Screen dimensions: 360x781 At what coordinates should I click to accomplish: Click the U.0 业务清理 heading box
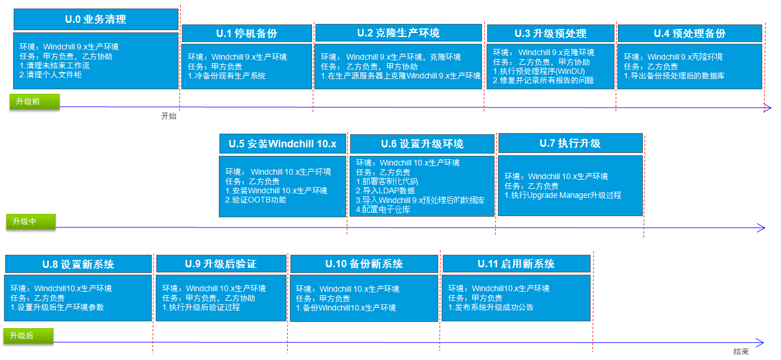[x=96, y=19]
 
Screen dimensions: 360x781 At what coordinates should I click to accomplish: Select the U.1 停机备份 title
[x=247, y=34]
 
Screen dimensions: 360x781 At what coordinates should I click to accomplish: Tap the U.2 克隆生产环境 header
[x=398, y=33]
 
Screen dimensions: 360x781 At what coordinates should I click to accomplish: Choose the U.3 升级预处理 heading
[x=550, y=34]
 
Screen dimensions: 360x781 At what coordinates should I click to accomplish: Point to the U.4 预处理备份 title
[x=689, y=34]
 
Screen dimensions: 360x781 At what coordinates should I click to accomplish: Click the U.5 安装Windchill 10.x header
[x=283, y=144]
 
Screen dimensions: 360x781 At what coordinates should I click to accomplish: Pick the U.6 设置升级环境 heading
[x=422, y=144]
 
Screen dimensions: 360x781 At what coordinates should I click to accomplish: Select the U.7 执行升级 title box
[x=570, y=143]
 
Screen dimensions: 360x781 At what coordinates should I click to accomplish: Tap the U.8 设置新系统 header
[x=78, y=264]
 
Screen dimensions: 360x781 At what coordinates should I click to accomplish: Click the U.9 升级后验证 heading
[x=221, y=264]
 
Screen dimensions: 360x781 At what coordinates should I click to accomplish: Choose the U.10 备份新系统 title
[x=364, y=264]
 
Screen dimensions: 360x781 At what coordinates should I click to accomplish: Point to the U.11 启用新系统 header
[x=516, y=264]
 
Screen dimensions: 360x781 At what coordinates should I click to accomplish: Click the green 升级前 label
[x=35, y=102]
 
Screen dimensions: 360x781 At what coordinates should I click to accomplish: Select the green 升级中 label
[x=31, y=222]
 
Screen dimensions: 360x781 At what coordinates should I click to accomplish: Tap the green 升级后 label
[x=28, y=336]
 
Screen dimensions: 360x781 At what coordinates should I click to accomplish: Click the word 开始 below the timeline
[x=169, y=116]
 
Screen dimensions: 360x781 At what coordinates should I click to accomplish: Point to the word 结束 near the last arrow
[x=741, y=351]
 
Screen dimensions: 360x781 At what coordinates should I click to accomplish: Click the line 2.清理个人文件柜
[x=51, y=75]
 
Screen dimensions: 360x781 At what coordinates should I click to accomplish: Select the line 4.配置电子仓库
[x=383, y=209]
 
